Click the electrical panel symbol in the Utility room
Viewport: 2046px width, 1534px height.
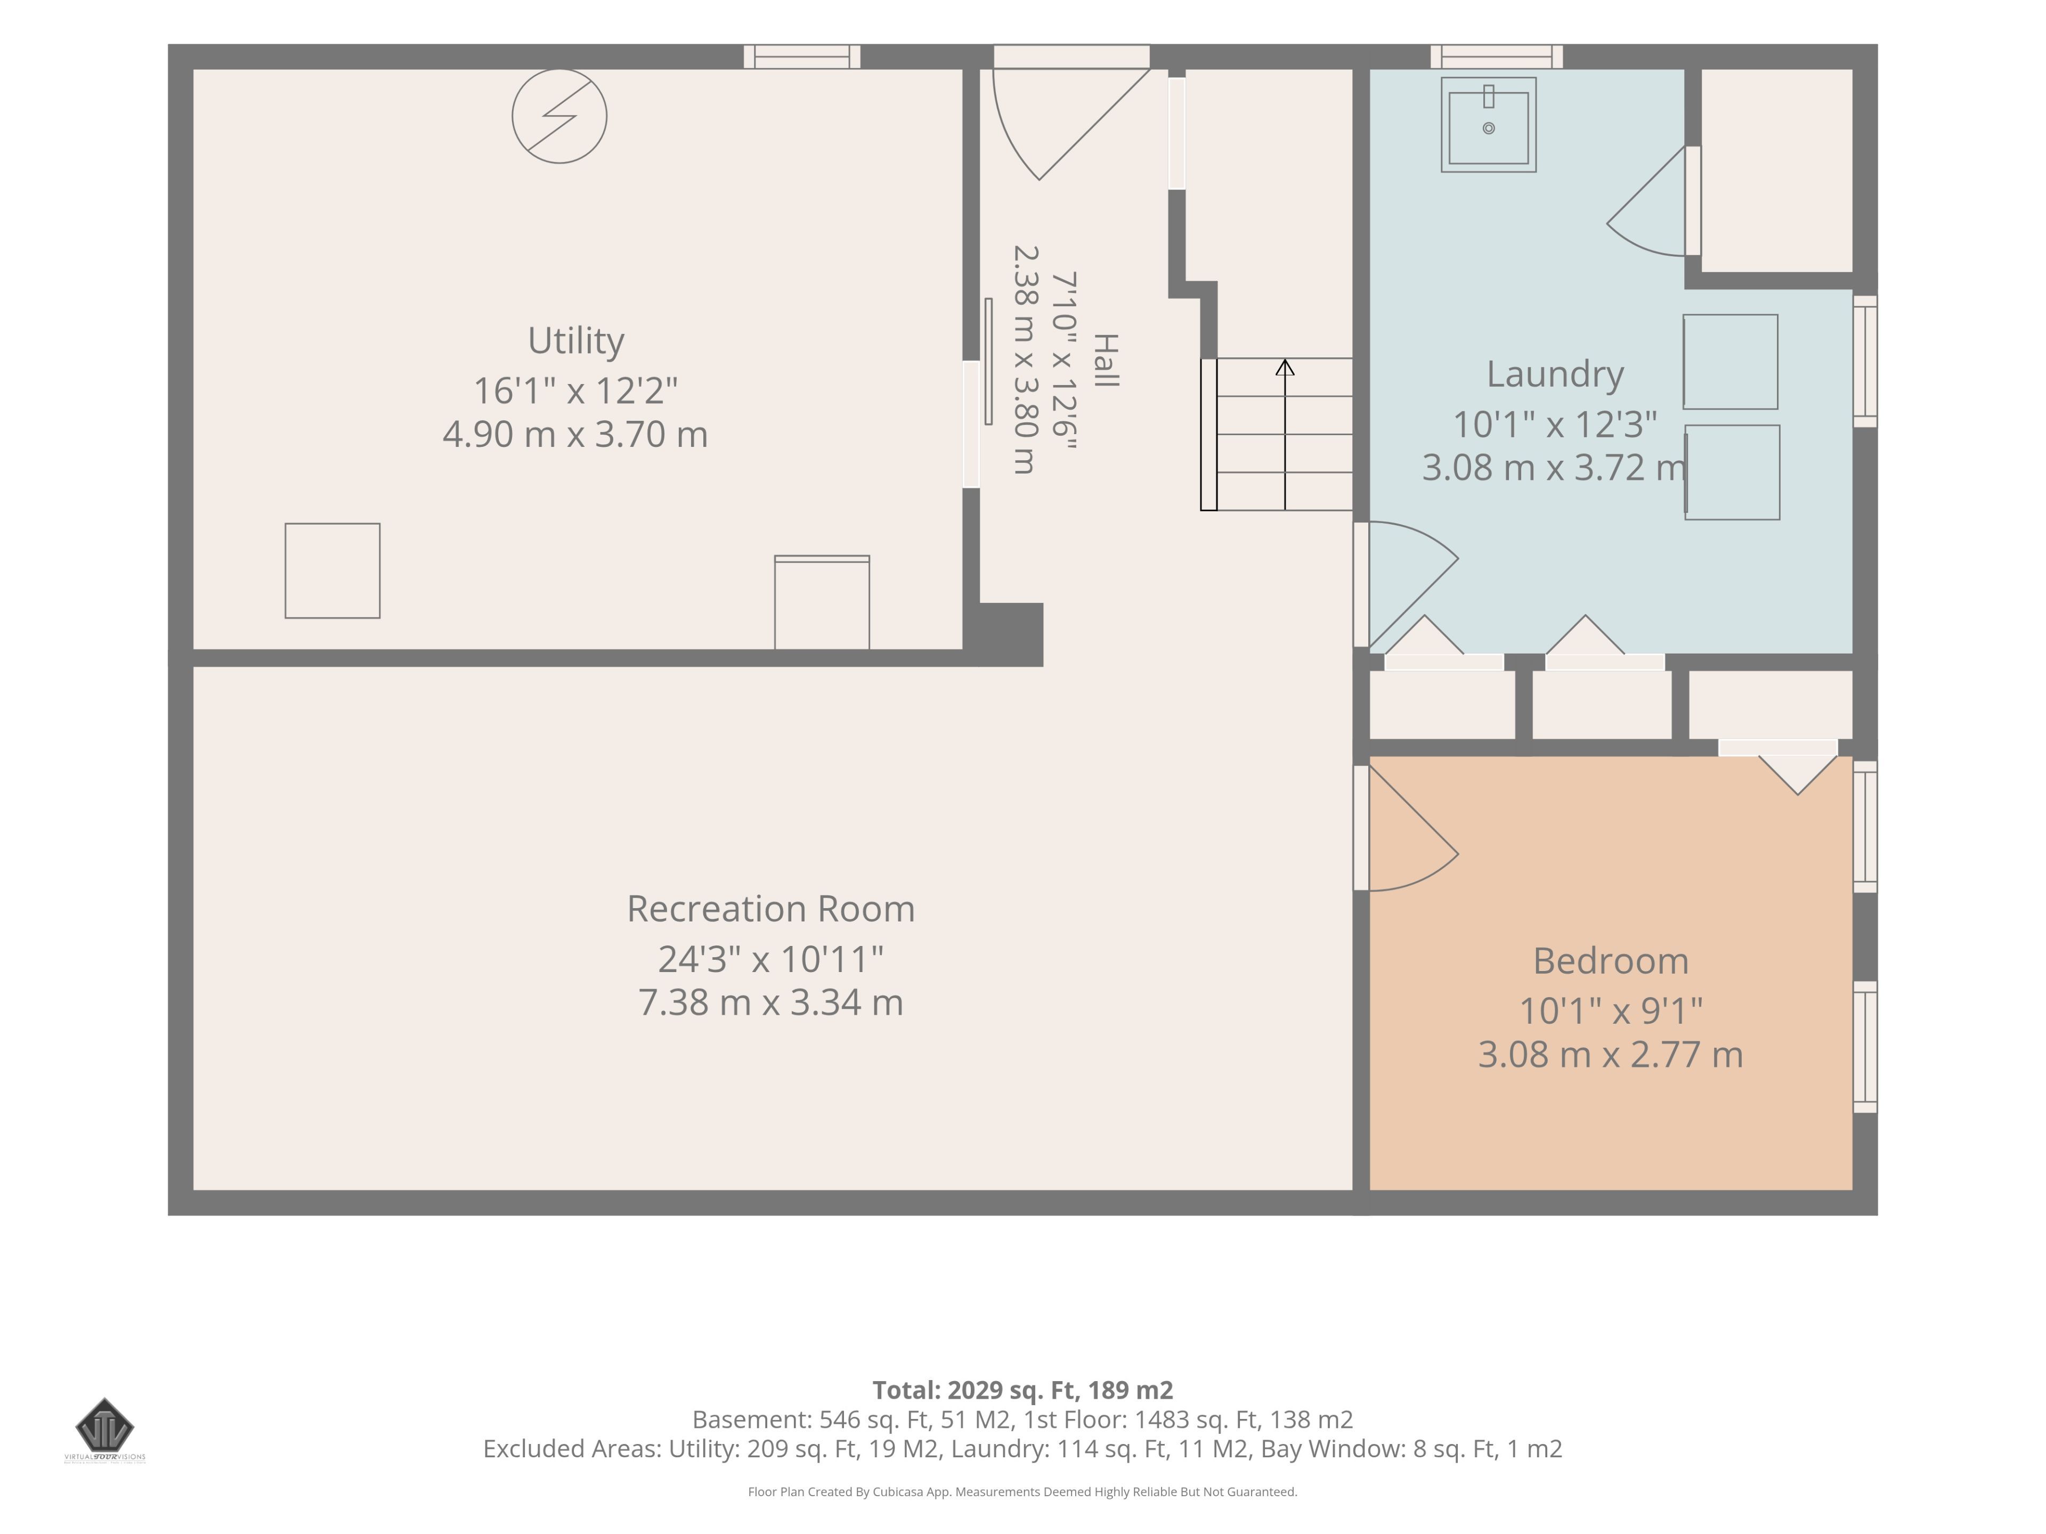(559, 117)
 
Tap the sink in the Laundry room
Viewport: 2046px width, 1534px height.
(1488, 125)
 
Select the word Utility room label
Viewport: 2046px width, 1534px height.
(575, 340)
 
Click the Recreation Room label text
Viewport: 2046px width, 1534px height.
(770, 908)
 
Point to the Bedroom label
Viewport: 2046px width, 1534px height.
(1610, 961)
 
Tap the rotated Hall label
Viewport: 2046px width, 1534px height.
(1106, 361)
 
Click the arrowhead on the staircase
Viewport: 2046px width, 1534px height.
(1285, 367)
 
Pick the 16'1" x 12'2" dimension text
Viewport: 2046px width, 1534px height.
(575, 390)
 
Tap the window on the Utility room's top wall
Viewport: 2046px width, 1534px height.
(802, 56)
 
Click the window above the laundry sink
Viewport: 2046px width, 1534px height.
(1497, 56)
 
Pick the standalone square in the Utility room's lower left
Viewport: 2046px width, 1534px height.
(332, 570)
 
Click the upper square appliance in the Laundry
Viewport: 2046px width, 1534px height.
(1730, 362)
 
